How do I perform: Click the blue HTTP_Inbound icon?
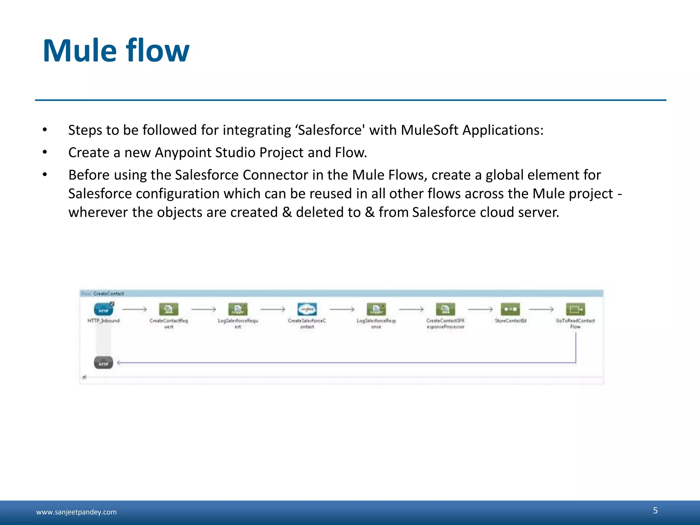103,309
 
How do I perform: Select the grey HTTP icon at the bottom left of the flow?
103,362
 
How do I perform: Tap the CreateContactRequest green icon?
169,309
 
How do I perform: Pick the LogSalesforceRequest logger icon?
238,309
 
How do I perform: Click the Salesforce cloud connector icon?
307,309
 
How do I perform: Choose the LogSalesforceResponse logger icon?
376,309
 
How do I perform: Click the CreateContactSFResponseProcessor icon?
445,309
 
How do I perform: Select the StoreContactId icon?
510,309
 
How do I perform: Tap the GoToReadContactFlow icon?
575,309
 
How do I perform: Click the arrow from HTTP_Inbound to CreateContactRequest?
134,309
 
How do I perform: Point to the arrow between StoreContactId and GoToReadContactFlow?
541,309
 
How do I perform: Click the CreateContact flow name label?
108,294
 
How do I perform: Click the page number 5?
655,510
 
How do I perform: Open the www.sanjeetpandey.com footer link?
76,512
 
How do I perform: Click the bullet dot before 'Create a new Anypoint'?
44,152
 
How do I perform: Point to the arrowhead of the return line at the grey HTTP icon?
119,362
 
